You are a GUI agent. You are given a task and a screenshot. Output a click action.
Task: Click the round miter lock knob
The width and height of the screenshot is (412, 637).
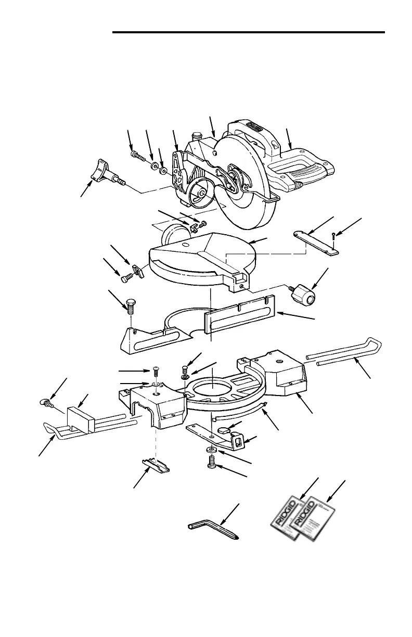click(x=303, y=295)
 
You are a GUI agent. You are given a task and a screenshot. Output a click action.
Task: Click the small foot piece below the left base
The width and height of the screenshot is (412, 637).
click(x=155, y=465)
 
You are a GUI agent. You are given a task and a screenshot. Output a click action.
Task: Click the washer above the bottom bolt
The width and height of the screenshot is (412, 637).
click(x=211, y=449)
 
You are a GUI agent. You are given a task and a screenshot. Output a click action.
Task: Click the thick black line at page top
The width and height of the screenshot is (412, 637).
click(x=249, y=33)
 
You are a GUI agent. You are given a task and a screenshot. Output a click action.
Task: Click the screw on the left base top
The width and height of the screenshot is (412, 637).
click(x=156, y=372)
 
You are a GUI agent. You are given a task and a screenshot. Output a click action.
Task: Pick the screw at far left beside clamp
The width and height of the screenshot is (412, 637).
click(x=46, y=402)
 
